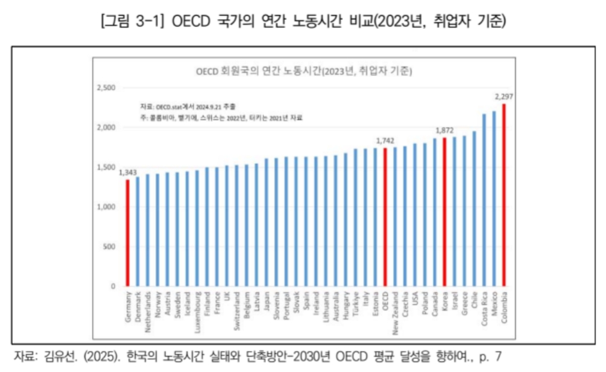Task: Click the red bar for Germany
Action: tap(127, 233)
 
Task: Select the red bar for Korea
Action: tap(444, 212)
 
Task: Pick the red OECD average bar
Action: tap(385, 217)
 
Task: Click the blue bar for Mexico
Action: tap(494, 198)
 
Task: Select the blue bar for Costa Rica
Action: tap(484, 200)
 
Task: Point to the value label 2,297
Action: tap(503, 96)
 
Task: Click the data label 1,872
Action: tap(444, 130)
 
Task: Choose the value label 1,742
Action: tap(385, 140)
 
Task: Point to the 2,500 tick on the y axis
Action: tap(106, 88)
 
